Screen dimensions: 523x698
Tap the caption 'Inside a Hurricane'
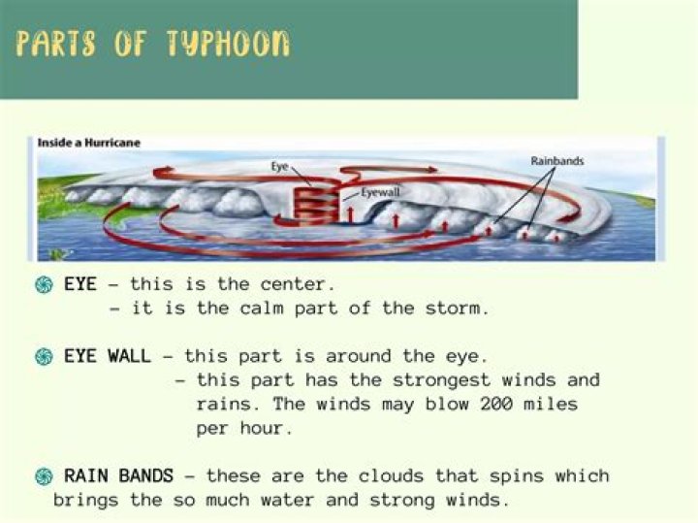click(x=89, y=143)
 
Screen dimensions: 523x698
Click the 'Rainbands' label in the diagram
click(x=556, y=161)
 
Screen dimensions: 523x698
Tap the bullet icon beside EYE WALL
click(x=43, y=356)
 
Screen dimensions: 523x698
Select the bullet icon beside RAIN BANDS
click(x=43, y=476)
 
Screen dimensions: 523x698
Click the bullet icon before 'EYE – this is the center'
click(x=43, y=285)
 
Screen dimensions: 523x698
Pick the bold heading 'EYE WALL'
click(x=108, y=356)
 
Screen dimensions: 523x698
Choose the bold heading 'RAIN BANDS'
click(x=119, y=476)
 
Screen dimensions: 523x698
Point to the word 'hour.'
click(x=266, y=428)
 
